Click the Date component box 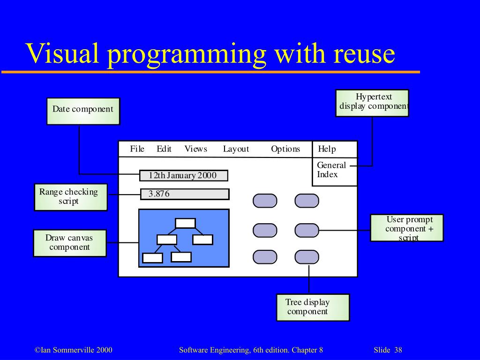(x=83, y=111)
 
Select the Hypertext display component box (x=372, y=103)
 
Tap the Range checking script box (x=70, y=197)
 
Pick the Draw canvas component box (x=69, y=243)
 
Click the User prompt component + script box (x=406, y=228)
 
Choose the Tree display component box (x=313, y=307)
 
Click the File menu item (x=137, y=149)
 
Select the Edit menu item (x=164, y=149)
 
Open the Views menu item (x=195, y=149)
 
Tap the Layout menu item (x=236, y=149)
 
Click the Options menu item (x=285, y=149)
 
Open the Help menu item (x=327, y=149)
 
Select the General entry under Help (x=331, y=165)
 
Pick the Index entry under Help (x=327, y=174)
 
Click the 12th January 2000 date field (x=184, y=176)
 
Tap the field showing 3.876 (x=185, y=194)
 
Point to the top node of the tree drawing (x=185, y=223)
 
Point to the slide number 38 (x=398, y=350)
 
